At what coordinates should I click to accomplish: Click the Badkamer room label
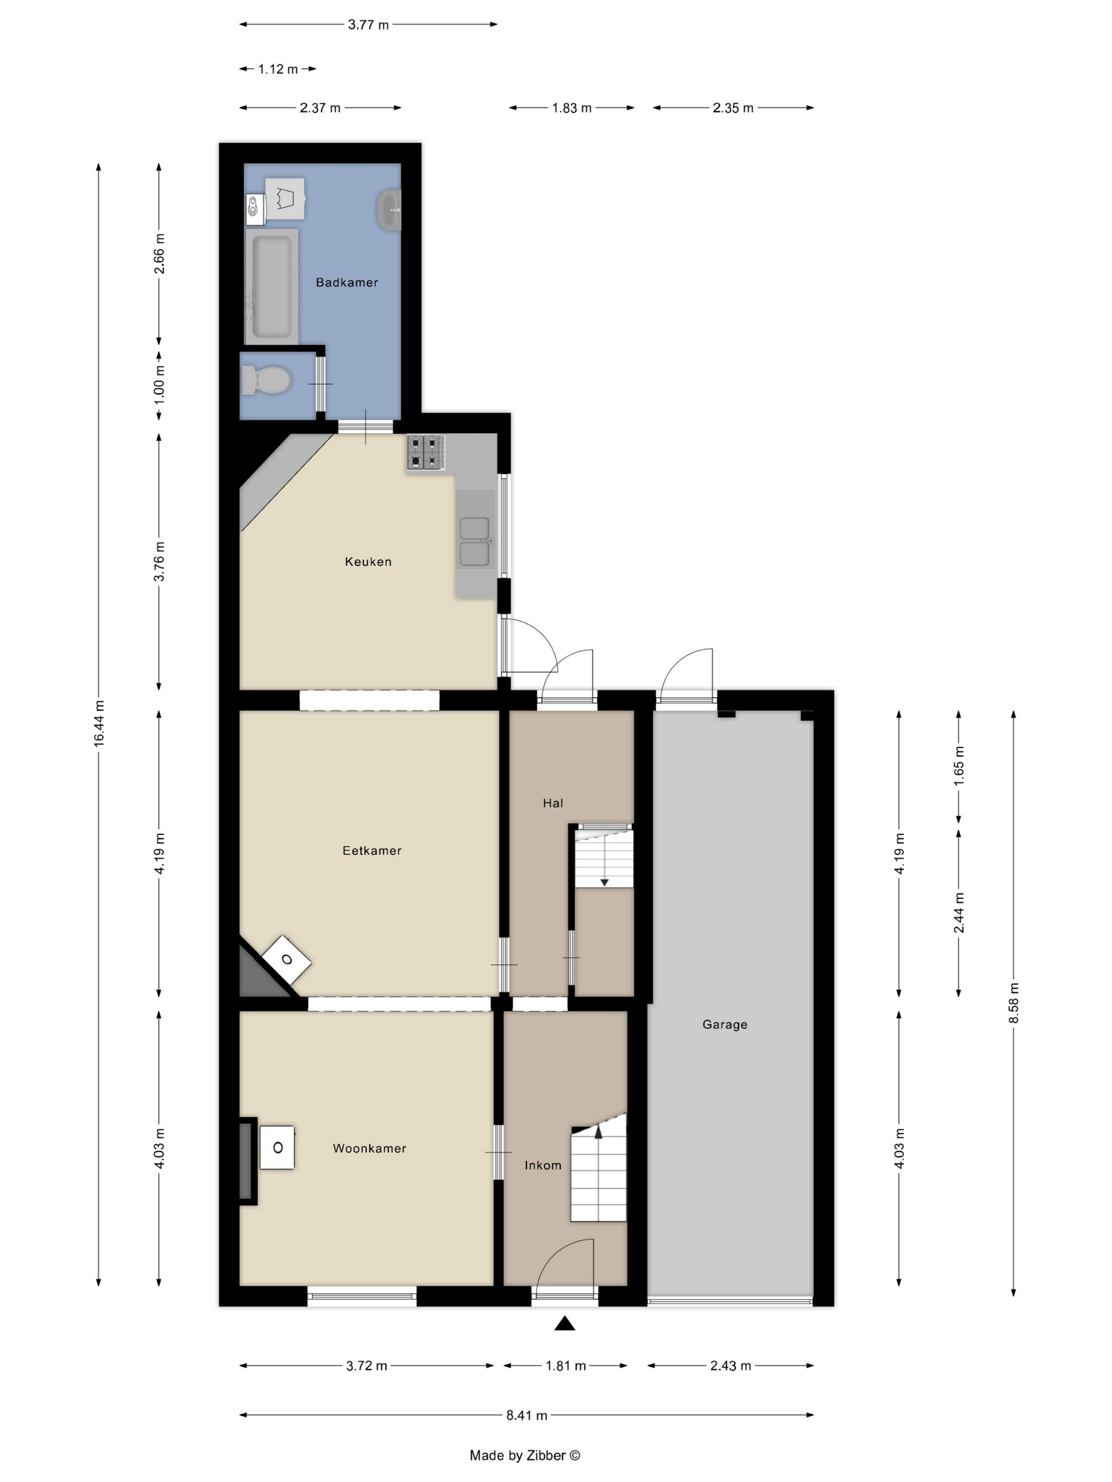click(346, 282)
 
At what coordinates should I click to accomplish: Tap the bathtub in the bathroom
click(272, 287)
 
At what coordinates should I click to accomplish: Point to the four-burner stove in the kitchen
click(426, 452)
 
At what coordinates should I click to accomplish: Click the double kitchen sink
click(474, 541)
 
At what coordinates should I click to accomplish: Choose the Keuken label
click(368, 562)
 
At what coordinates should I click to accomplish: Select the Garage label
click(724, 1024)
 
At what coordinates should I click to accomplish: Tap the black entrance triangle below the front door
click(564, 1323)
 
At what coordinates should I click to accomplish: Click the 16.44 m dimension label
click(99, 724)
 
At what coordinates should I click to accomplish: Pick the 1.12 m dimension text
click(278, 69)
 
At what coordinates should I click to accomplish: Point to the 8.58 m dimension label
click(1014, 1003)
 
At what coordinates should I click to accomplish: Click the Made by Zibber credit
click(525, 1454)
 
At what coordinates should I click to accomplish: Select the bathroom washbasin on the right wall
click(389, 210)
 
